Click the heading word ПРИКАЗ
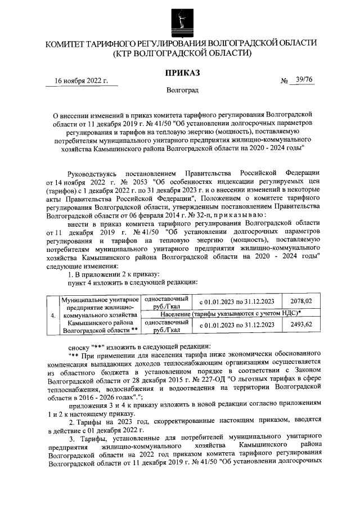pyautogui.click(x=181, y=73)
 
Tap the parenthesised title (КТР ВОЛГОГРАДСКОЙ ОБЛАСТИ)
pyautogui.click(x=181, y=53)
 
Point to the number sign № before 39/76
pyautogui.click(x=284, y=81)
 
